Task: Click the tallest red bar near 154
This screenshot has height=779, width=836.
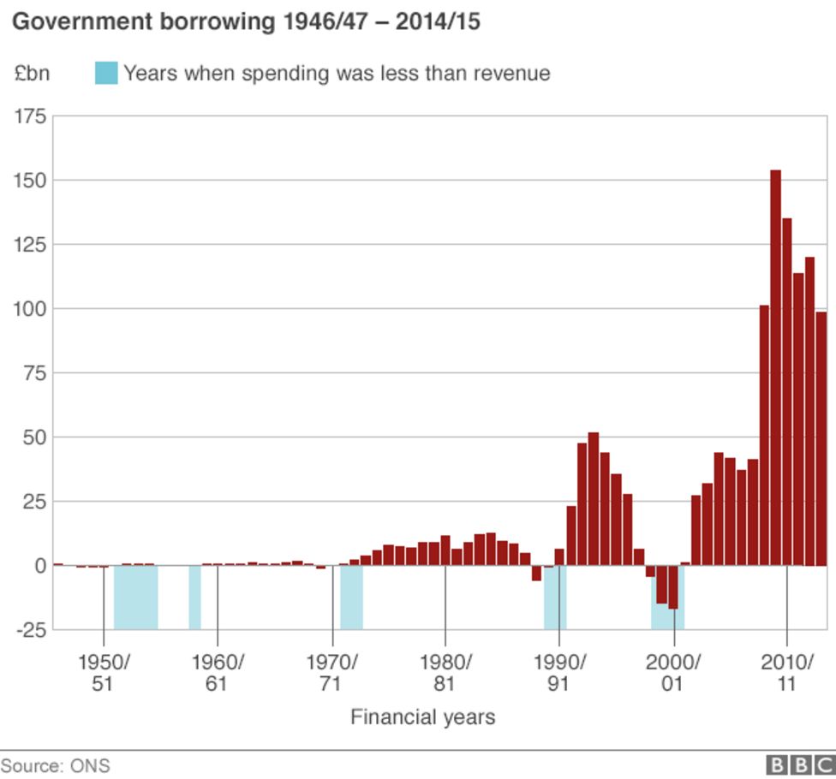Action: coord(775,368)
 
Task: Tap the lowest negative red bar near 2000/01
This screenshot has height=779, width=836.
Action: coord(673,587)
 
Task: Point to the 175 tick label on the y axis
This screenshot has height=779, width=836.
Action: coord(31,116)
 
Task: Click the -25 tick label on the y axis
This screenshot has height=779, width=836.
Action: coord(31,630)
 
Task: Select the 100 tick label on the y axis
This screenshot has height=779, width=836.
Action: coord(31,308)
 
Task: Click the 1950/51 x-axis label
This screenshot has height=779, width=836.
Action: coord(104,673)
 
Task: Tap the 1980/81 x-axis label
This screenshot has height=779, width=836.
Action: coord(445,673)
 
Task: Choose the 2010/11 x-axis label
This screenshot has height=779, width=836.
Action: coord(787,673)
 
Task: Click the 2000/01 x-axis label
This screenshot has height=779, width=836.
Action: coord(673,673)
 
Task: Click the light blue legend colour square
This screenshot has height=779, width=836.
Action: coord(105,74)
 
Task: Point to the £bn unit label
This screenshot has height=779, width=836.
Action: coord(32,74)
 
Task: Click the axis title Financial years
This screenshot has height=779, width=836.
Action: coord(422,717)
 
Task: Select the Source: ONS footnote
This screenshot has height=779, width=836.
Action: coord(56,765)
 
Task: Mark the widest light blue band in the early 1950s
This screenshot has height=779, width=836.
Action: coord(135,598)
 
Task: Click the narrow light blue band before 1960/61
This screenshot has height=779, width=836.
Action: coord(194,598)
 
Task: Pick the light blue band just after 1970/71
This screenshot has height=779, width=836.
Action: coord(351,598)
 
